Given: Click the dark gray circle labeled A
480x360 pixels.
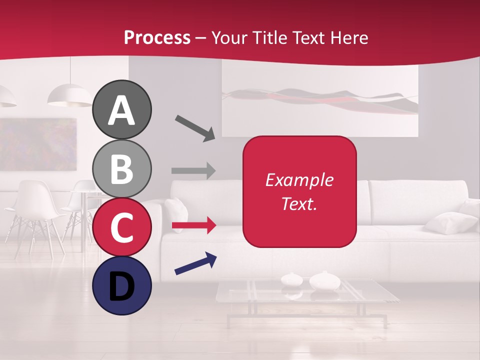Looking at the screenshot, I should [121, 109].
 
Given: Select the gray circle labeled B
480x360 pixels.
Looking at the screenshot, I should [121, 168].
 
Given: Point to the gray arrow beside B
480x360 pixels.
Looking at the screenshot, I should [193, 170].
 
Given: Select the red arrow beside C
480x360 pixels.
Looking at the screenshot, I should [193, 226].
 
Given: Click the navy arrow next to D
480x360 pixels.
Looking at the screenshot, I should [195, 263].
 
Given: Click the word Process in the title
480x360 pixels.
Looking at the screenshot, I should [157, 37].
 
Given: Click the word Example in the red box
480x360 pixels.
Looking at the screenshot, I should [299, 180].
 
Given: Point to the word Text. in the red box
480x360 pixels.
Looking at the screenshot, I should [299, 203].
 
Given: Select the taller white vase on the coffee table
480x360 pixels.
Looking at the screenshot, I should [324, 281].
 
